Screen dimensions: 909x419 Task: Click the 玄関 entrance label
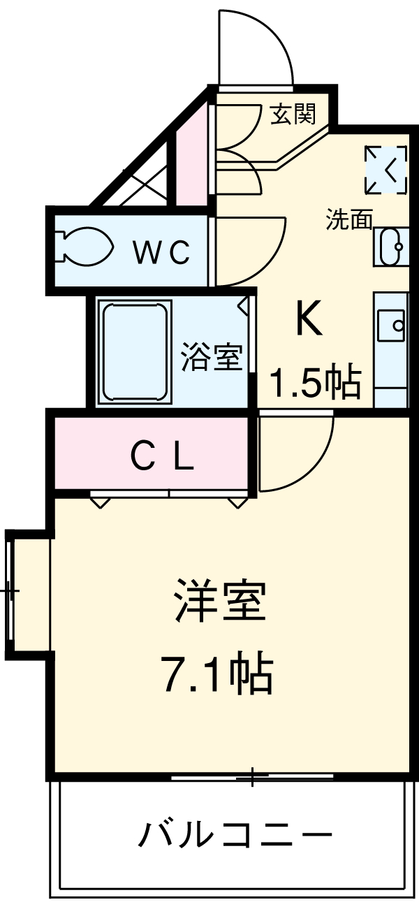point(293,113)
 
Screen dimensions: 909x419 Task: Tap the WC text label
point(162,252)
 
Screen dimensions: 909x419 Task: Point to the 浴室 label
point(211,358)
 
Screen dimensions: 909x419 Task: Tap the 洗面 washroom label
point(349,220)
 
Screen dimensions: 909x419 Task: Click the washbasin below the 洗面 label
point(391,246)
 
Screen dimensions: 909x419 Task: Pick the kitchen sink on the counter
point(391,326)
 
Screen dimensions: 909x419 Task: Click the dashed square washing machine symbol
point(385,169)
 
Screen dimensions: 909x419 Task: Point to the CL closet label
point(162,458)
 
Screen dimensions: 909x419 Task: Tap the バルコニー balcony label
point(235,835)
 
